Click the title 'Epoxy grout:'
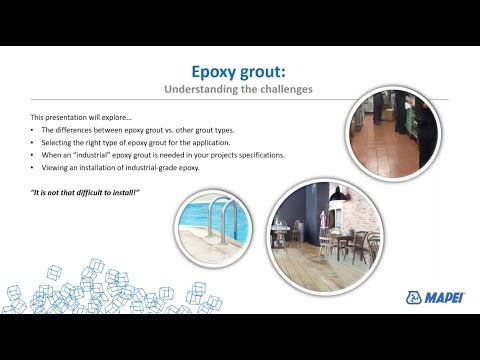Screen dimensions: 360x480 pyautogui.click(x=239, y=71)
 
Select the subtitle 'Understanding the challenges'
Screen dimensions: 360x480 pyautogui.click(x=239, y=89)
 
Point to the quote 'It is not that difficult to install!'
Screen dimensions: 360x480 pyautogui.click(x=82, y=190)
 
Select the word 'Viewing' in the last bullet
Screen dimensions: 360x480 pyautogui.click(x=56, y=167)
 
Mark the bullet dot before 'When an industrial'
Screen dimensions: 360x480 pyautogui.click(x=33, y=155)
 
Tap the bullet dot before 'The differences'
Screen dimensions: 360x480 pyautogui.click(x=33, y=131)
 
